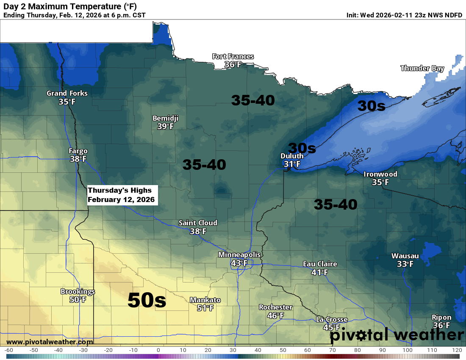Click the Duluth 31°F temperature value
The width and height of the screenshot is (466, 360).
[292, 164]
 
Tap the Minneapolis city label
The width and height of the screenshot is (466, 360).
[239, 255]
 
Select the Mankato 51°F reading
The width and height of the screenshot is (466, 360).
[205, 308]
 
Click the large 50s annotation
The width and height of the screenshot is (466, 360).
[147, 300]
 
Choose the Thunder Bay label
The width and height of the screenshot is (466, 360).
[422, 68]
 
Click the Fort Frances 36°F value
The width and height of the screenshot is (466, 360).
[233, 65]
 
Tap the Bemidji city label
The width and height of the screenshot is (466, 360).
[165, 118]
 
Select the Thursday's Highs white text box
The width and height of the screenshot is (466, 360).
[122, 195]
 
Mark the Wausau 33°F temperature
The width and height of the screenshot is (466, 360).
[405, 264]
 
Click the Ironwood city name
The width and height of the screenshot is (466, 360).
[380, 174]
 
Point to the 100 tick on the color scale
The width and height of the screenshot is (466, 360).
[408, 350]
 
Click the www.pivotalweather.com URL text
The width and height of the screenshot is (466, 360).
[50, 342]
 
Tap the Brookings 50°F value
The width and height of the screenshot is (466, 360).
[78, 300]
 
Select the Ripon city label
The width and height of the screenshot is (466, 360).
[441, 317]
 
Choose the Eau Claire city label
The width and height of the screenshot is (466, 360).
[320, 264]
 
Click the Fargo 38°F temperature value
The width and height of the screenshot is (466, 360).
[78, 159]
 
